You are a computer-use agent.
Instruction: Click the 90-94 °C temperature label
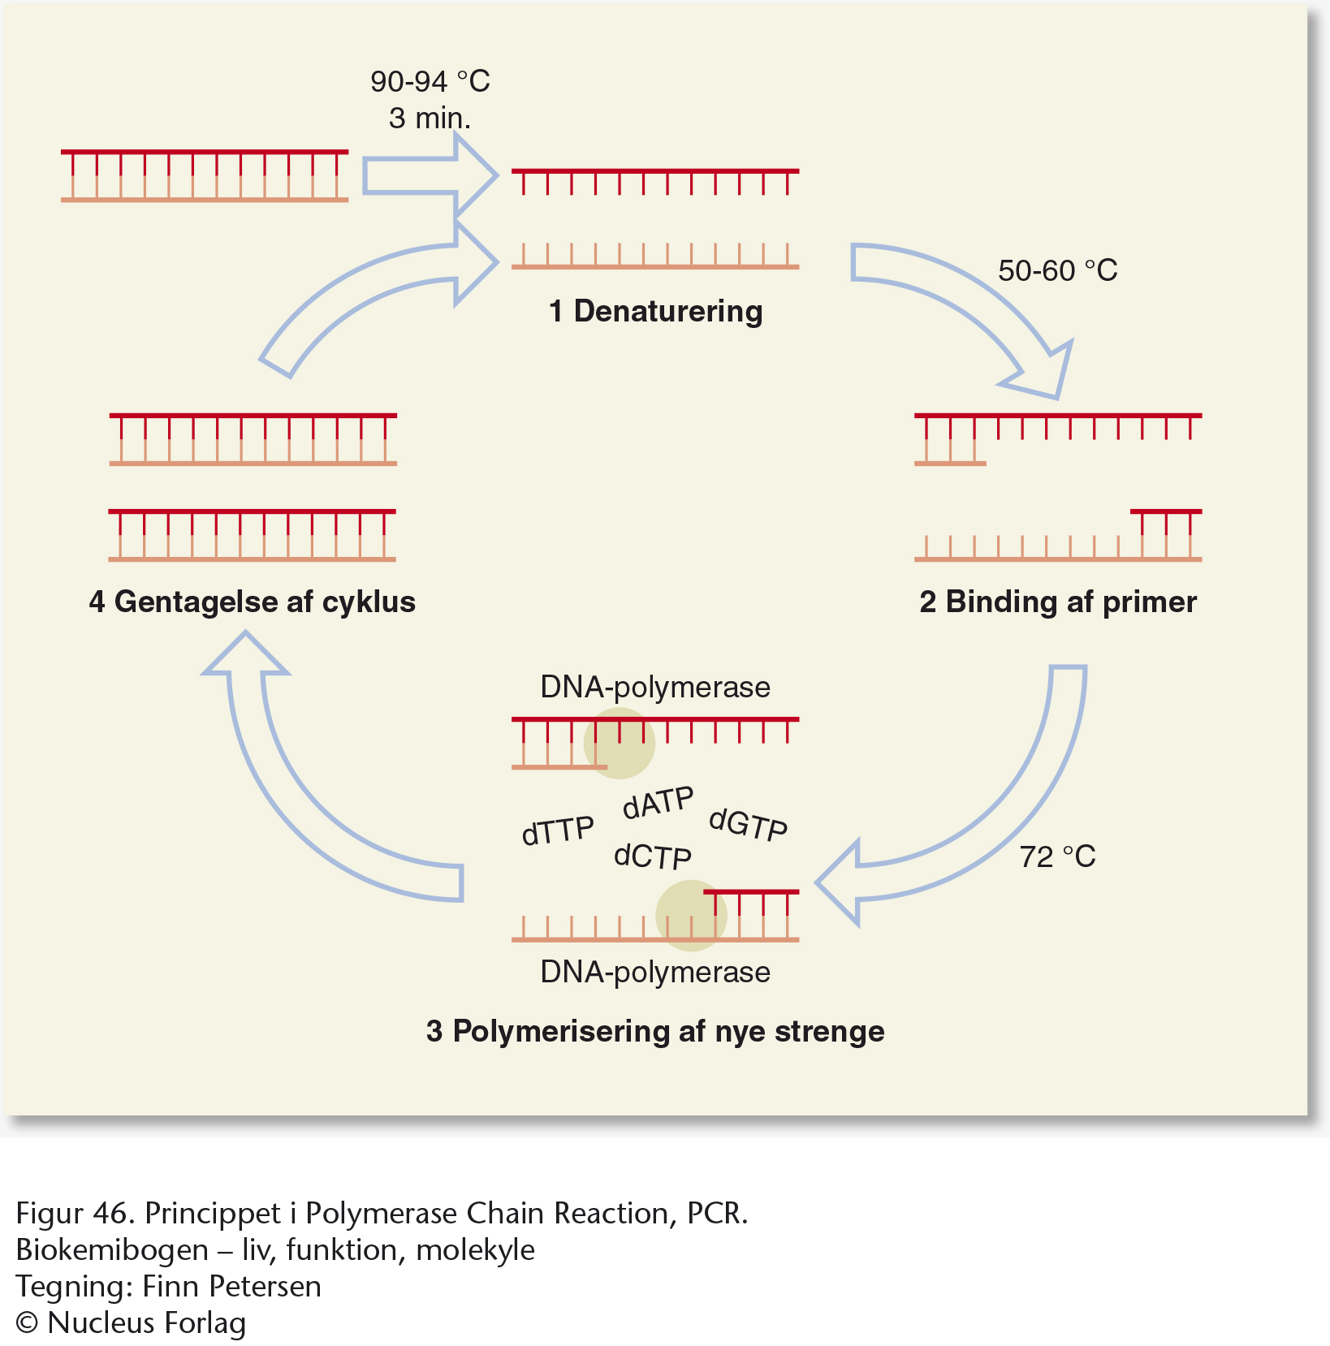coord(430,81)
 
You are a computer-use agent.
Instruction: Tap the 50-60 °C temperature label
coord(1058,270)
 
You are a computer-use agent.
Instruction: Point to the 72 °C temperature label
coord(1057,856)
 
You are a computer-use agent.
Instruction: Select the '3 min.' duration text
coord(430,119)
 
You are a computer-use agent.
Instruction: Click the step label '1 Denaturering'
coord(656,312)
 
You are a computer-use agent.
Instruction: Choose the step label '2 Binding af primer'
coord(1058,602)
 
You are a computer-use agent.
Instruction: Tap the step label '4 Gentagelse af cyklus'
coord(253,602)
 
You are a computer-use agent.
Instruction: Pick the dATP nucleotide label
coord(659,802)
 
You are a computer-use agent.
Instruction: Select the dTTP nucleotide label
coord(558,830)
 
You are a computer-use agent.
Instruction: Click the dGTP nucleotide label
coord(748,824)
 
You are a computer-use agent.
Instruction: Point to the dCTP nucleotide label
coord(653,856)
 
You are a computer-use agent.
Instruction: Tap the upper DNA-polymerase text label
coord(655,688)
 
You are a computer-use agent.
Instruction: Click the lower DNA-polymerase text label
coord(655,973)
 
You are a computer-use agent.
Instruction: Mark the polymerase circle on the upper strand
coord(620,744)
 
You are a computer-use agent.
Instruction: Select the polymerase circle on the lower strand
coord(691,916)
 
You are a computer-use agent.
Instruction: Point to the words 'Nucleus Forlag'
coord(147,1323)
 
